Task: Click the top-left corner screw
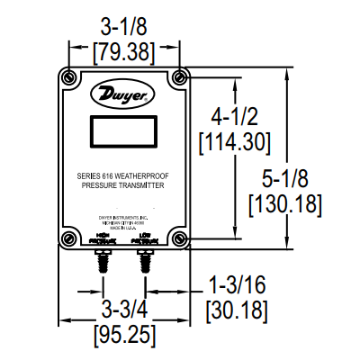(x=69, y=74)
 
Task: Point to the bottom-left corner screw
(x=69, y=238)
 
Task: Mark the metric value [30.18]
(x=236, y=310)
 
